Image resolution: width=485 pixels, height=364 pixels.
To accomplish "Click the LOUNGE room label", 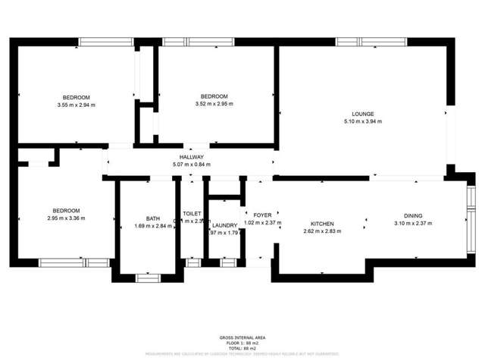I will (363, 114).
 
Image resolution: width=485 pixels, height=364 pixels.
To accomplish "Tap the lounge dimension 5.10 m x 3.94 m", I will (363, 121).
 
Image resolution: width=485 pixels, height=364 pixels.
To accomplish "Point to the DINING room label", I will (413, 215).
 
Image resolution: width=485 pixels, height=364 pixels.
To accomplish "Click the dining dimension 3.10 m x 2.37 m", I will (413, 224).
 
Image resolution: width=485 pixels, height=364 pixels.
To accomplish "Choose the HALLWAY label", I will (191, 157).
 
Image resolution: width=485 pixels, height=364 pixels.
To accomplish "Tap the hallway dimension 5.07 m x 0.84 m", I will (191, 165).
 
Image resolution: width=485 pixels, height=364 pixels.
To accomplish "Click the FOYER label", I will (262, 215).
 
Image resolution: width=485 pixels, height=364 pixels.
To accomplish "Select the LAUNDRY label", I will (224, 225).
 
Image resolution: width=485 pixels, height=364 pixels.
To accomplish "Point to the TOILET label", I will (191, 215).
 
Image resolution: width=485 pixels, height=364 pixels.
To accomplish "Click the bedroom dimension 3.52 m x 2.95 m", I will (214, 104).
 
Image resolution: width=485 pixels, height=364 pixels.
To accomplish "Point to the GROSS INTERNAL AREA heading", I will (242, 337).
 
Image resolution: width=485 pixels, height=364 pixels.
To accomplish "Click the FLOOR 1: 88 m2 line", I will (242, 343).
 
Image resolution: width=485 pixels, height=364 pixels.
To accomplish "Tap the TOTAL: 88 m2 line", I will (242, 348).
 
